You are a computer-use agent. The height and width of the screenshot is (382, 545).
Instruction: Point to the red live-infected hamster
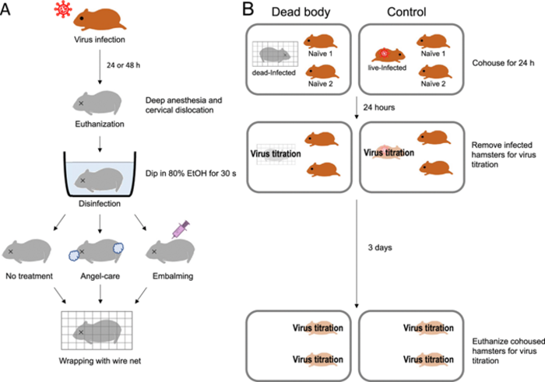pyautogui.click(x=388, y=56)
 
